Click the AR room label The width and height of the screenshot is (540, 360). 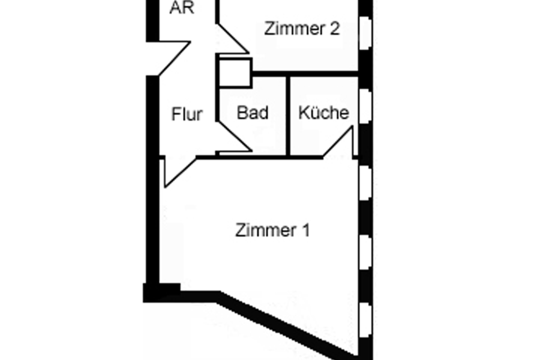point(182,8)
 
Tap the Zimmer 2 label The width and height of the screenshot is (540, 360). point(301,29)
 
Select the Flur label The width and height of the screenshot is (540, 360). point(187,114)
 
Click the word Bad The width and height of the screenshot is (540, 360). point(252,113)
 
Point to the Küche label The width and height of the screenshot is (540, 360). point(324,113)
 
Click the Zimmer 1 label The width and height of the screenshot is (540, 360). point(273,231)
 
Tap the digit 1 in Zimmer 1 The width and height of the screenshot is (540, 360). point(306,231)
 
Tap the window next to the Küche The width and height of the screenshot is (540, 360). point(366,105)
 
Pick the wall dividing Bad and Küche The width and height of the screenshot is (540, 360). point(288,116)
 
